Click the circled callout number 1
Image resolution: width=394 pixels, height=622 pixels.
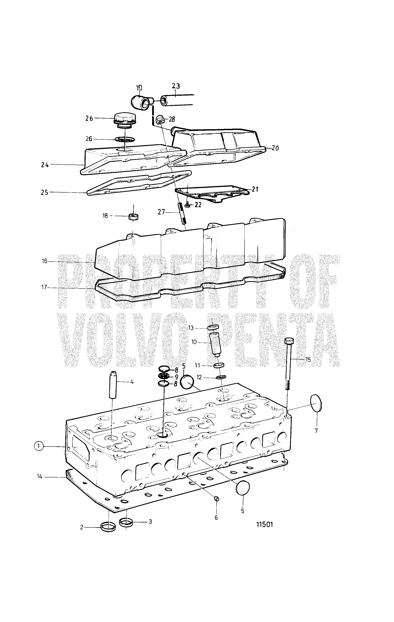pos(38,446)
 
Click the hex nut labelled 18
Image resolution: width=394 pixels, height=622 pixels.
pos(133,217)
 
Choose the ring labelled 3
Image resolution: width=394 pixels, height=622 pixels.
pos(126,522)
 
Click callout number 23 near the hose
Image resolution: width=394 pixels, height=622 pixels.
pos(176,86)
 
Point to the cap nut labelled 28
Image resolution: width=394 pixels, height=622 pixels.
pos(160,119)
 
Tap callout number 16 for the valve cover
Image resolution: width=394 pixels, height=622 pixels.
pos(45,261)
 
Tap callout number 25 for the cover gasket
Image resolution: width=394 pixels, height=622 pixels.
pos(45,192)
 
